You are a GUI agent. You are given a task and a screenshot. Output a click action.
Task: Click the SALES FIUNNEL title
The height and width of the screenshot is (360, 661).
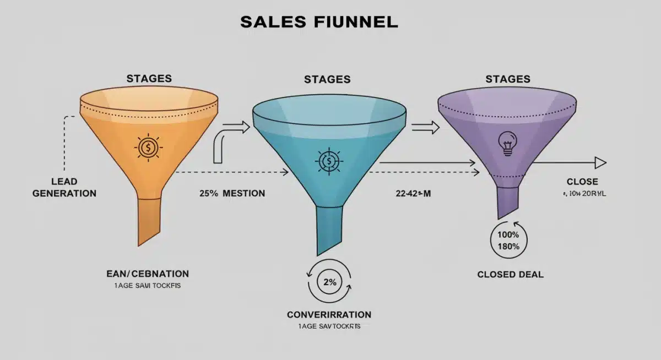pos(319,22)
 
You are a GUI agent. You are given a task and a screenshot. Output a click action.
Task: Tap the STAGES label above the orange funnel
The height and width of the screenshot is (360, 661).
pos(149,78)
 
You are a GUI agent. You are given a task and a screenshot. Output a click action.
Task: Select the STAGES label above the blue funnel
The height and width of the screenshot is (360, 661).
pos(327,79)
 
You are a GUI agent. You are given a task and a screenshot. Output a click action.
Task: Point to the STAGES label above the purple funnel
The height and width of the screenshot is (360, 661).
pos(507,79)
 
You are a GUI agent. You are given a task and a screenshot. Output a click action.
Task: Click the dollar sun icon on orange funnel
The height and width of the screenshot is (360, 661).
pos(148,147)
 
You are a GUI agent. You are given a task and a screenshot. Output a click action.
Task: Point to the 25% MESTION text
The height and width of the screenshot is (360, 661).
pos(232,193)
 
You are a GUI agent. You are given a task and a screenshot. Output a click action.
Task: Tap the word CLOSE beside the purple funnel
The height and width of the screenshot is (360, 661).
pos(582,182)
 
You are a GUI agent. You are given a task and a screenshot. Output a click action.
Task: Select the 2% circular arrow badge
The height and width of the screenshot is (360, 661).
pos(329,282)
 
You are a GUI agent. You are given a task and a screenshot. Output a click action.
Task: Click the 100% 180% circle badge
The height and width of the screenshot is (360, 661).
pos(508,241)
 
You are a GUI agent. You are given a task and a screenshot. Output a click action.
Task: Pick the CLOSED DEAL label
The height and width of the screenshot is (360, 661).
pos(510,274)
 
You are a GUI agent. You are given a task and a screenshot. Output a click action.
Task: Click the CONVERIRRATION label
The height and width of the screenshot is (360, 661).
pos(329,315)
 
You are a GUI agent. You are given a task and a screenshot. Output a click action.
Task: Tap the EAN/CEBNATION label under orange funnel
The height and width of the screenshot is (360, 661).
pos(147,274)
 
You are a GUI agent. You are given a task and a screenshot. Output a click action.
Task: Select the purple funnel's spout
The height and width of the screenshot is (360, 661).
pos(507,201)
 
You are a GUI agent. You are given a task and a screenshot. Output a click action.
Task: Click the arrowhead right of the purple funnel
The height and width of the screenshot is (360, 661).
pos(600,162)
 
